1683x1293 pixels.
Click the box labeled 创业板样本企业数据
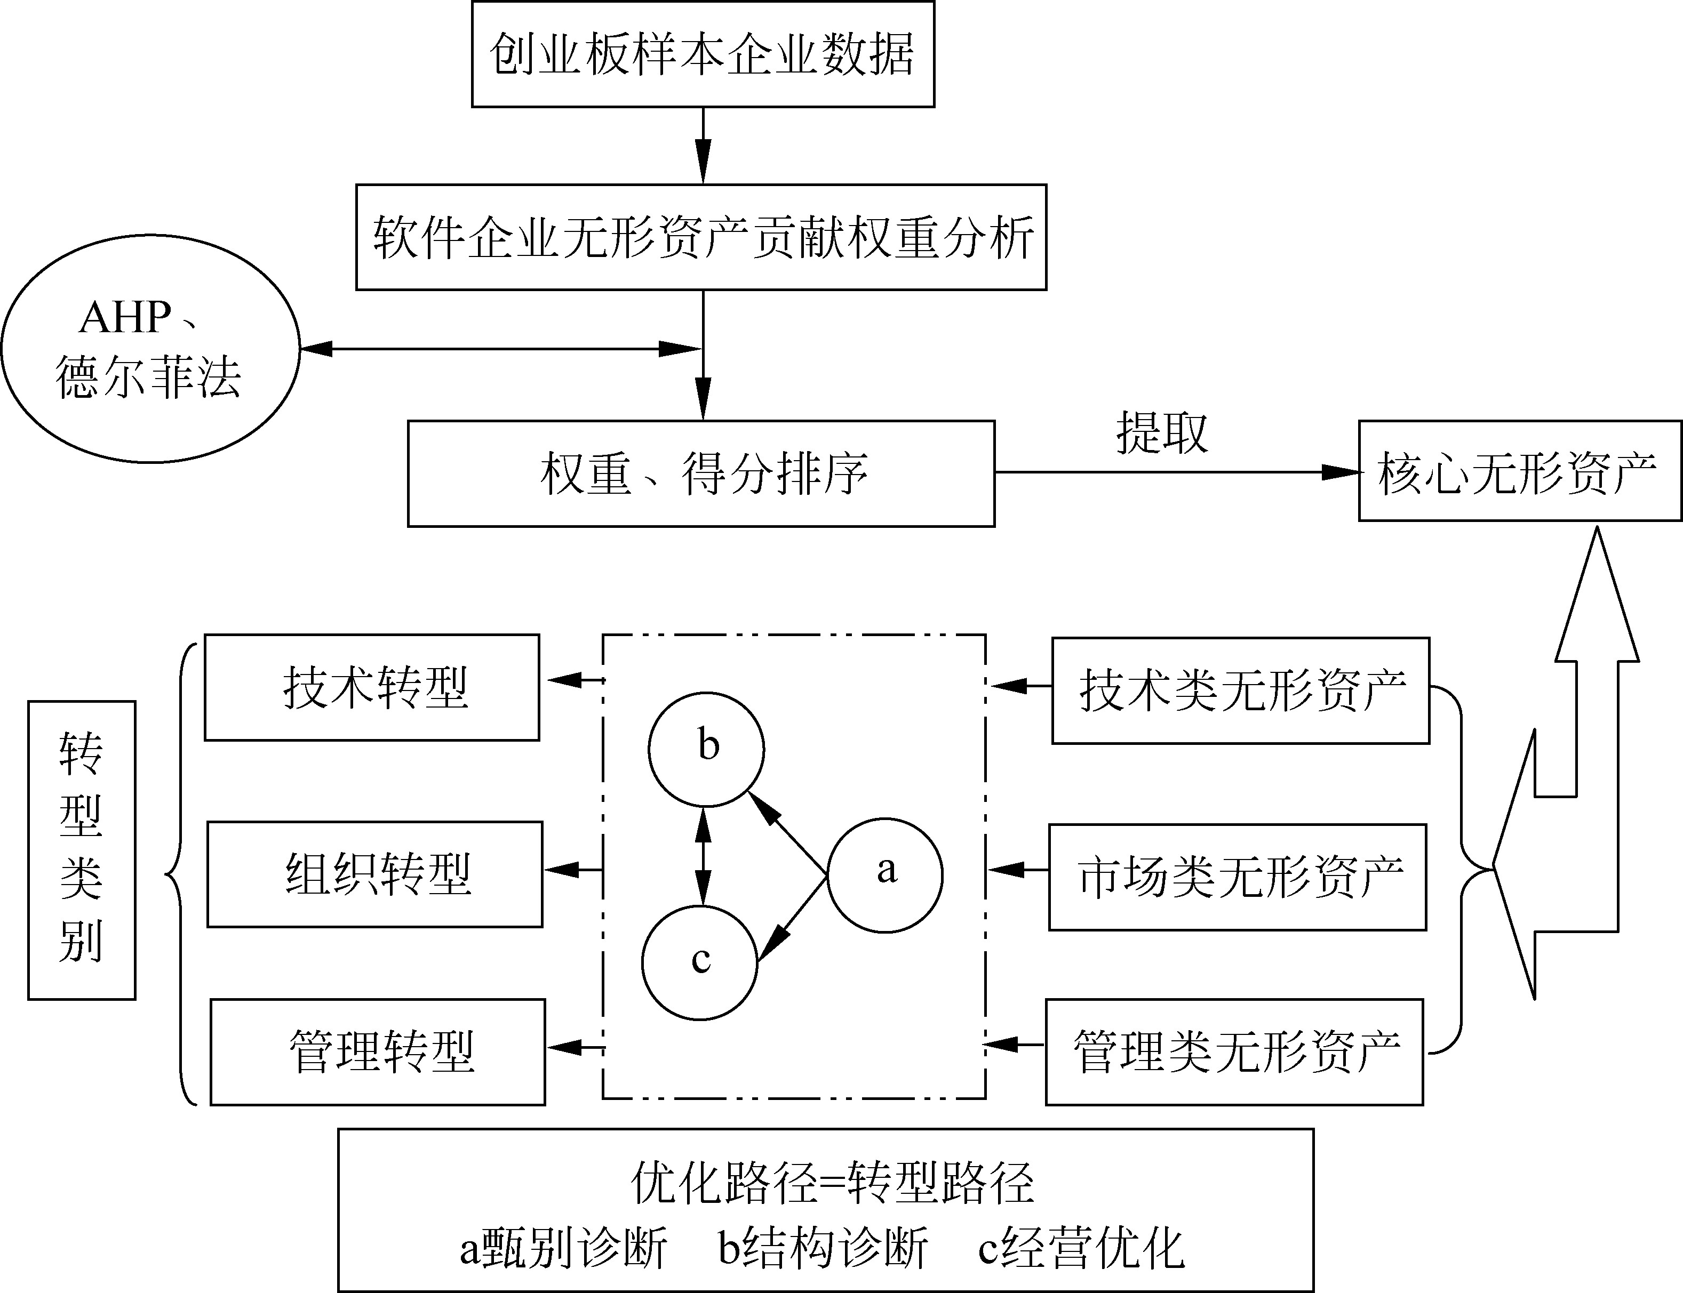[x=702, y=54]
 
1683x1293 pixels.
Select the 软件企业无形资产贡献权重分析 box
[x=700, y=237]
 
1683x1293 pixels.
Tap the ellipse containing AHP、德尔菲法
[x=150, y=349]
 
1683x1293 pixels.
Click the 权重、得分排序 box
[x=700, y=473]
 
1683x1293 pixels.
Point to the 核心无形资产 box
[x=1519, y=471]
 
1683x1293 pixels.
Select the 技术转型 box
[x=372, y=687]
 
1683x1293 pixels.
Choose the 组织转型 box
[x=375, y=874]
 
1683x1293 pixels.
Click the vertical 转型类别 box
[x=82, y=850]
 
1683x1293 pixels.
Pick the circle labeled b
[x=706, y=748]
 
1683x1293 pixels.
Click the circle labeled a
[x=884, y=875]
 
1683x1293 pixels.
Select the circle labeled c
[x=700, y=962]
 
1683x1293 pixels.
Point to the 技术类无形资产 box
[x=1240, y=690]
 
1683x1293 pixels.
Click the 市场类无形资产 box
[x=1237, y=878]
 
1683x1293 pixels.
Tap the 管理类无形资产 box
[x=1234, y=1051]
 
